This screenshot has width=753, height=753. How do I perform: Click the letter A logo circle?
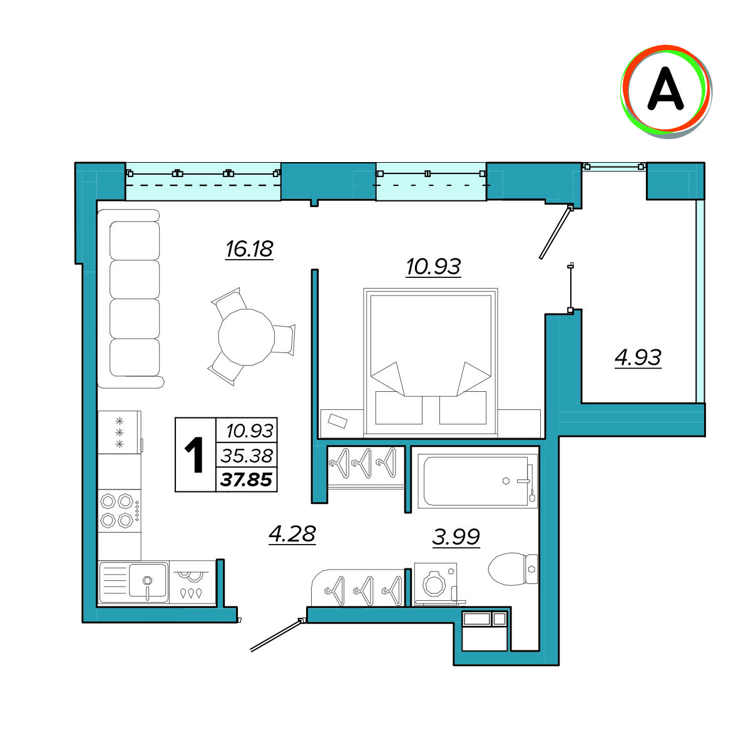click(x=666, y=91)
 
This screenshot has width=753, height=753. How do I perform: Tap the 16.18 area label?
click(x=249, y=249)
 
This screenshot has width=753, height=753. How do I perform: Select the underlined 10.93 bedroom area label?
click(x=433, y=267)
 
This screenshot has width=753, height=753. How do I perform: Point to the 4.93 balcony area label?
click(x=638, y=357)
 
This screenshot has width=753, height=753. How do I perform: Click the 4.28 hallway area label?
click(x=292, y=534)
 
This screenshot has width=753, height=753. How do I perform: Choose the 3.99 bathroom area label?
click(x=456, y=537)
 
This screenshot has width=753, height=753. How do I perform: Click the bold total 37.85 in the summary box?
click(x=246, y=479)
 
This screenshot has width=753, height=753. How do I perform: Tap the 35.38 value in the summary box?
click(x=247, y=456)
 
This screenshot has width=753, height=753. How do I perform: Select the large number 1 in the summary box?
click(x=194, y=455)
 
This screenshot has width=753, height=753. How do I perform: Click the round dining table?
click(x=246, y=337)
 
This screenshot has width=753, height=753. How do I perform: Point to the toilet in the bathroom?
click(x=513, y=569)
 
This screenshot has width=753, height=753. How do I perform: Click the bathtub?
click(x=478, y=481)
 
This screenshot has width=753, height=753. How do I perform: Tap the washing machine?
click(x=435, y=584)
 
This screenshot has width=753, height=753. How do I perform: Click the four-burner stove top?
click(x=119, y=511)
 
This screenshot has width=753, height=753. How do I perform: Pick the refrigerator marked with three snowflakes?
click(x=119, y=432)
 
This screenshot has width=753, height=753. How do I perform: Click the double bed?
click(x=431, y=362)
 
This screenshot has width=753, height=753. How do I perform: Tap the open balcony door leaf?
click(x=555, y=232)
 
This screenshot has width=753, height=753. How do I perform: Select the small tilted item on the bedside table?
click(x=337, y=421)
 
